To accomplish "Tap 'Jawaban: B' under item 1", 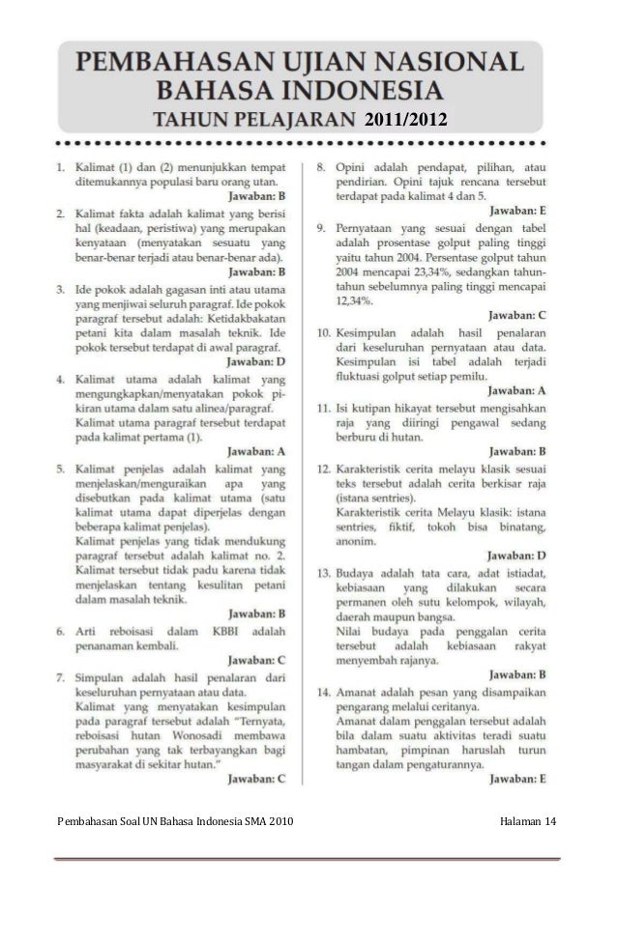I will coord(256,195).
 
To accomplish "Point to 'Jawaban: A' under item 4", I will coord(256,450).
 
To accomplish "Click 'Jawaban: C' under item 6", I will coord(256,661).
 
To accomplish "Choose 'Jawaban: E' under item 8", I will coord(518,209).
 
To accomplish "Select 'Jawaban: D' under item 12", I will coord(518,556).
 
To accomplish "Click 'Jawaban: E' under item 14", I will coord(518,777).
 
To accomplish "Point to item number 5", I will coord(61,468).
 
